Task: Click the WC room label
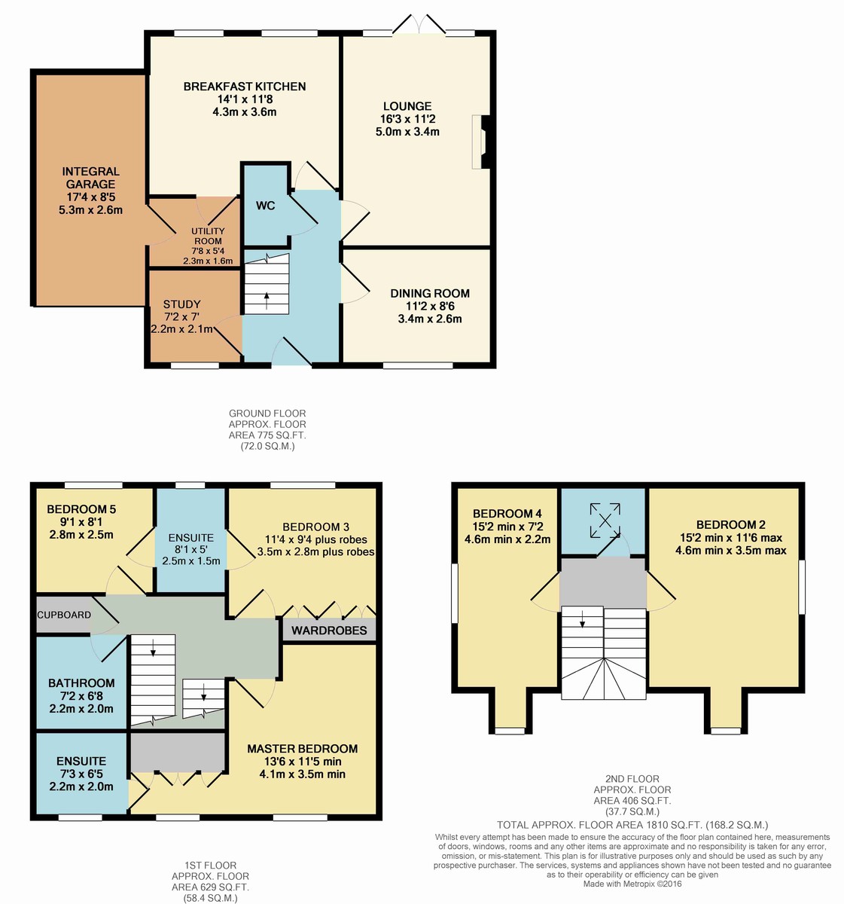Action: point(265,206)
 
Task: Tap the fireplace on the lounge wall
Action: point(481,142)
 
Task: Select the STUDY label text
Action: point(181,304)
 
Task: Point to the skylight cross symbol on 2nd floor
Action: point(605,521)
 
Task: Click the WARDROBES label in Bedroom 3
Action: point(329,631)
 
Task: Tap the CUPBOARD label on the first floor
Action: point(64,615)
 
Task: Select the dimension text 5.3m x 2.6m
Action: point(90,210)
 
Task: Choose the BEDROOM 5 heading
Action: point(81,509)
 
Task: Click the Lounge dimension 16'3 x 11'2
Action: point(407,119)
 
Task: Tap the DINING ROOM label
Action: point(430,293)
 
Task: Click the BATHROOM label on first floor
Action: point(81,683)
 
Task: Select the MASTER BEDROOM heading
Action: point(302,748)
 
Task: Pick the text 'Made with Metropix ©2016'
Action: point(632,884)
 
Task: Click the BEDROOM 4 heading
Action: point(507,514)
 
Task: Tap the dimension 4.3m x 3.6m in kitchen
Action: point(245,111)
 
